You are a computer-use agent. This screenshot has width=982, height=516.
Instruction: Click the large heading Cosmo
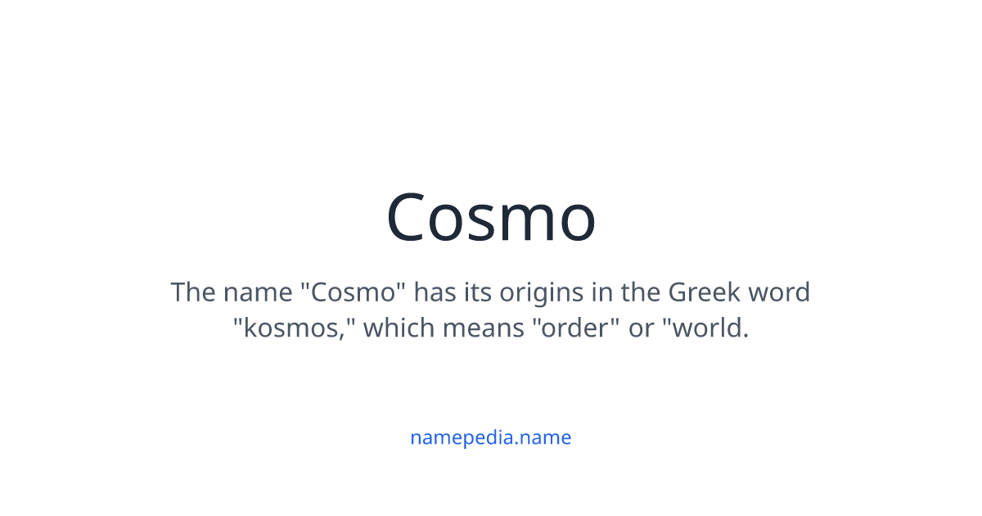tap(491, 218)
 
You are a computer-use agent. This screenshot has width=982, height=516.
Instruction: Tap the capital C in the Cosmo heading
tap(408, 218)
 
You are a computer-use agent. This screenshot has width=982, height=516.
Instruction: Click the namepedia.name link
tap(490, 437)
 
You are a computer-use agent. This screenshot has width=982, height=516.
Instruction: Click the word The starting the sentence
tap(192, 292)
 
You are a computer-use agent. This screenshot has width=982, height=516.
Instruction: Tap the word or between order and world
tap(641, 328)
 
